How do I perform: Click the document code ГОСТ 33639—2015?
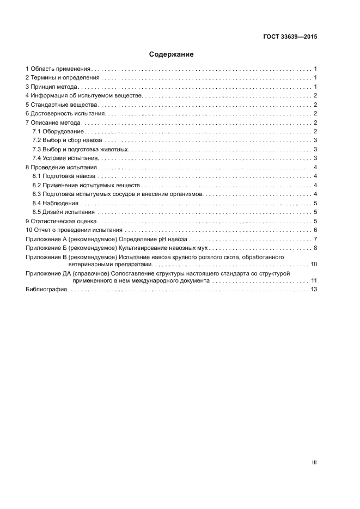click(289, 38)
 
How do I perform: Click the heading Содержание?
click(172, 54)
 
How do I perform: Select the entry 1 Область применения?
click(58, 69)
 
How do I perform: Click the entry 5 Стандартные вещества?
click(61, 105)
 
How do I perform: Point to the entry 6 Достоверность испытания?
click(65, 113)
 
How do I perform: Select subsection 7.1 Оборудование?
click(58, 132)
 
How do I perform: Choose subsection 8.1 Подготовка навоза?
click(64, 176)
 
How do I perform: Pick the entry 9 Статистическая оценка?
click(61, 221)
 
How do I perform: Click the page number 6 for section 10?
click(315, 230)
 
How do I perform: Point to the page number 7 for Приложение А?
click(315, 239)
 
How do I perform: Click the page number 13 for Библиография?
click(314, 290)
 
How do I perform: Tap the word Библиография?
click(46, 290)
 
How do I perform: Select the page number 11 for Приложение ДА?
click(314, 280)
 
